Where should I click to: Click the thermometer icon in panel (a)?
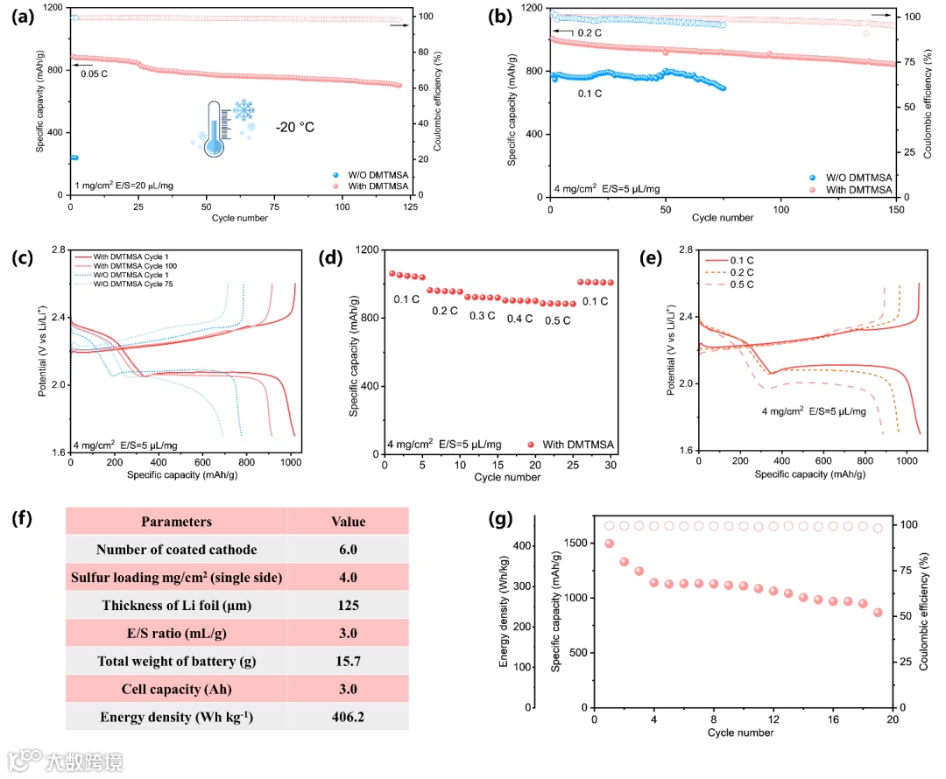[x=214, y=130]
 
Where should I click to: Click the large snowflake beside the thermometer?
[x=243, y=110]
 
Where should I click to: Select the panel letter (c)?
[x=20, y=260]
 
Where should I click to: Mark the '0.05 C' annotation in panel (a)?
[x=95, y=74]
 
